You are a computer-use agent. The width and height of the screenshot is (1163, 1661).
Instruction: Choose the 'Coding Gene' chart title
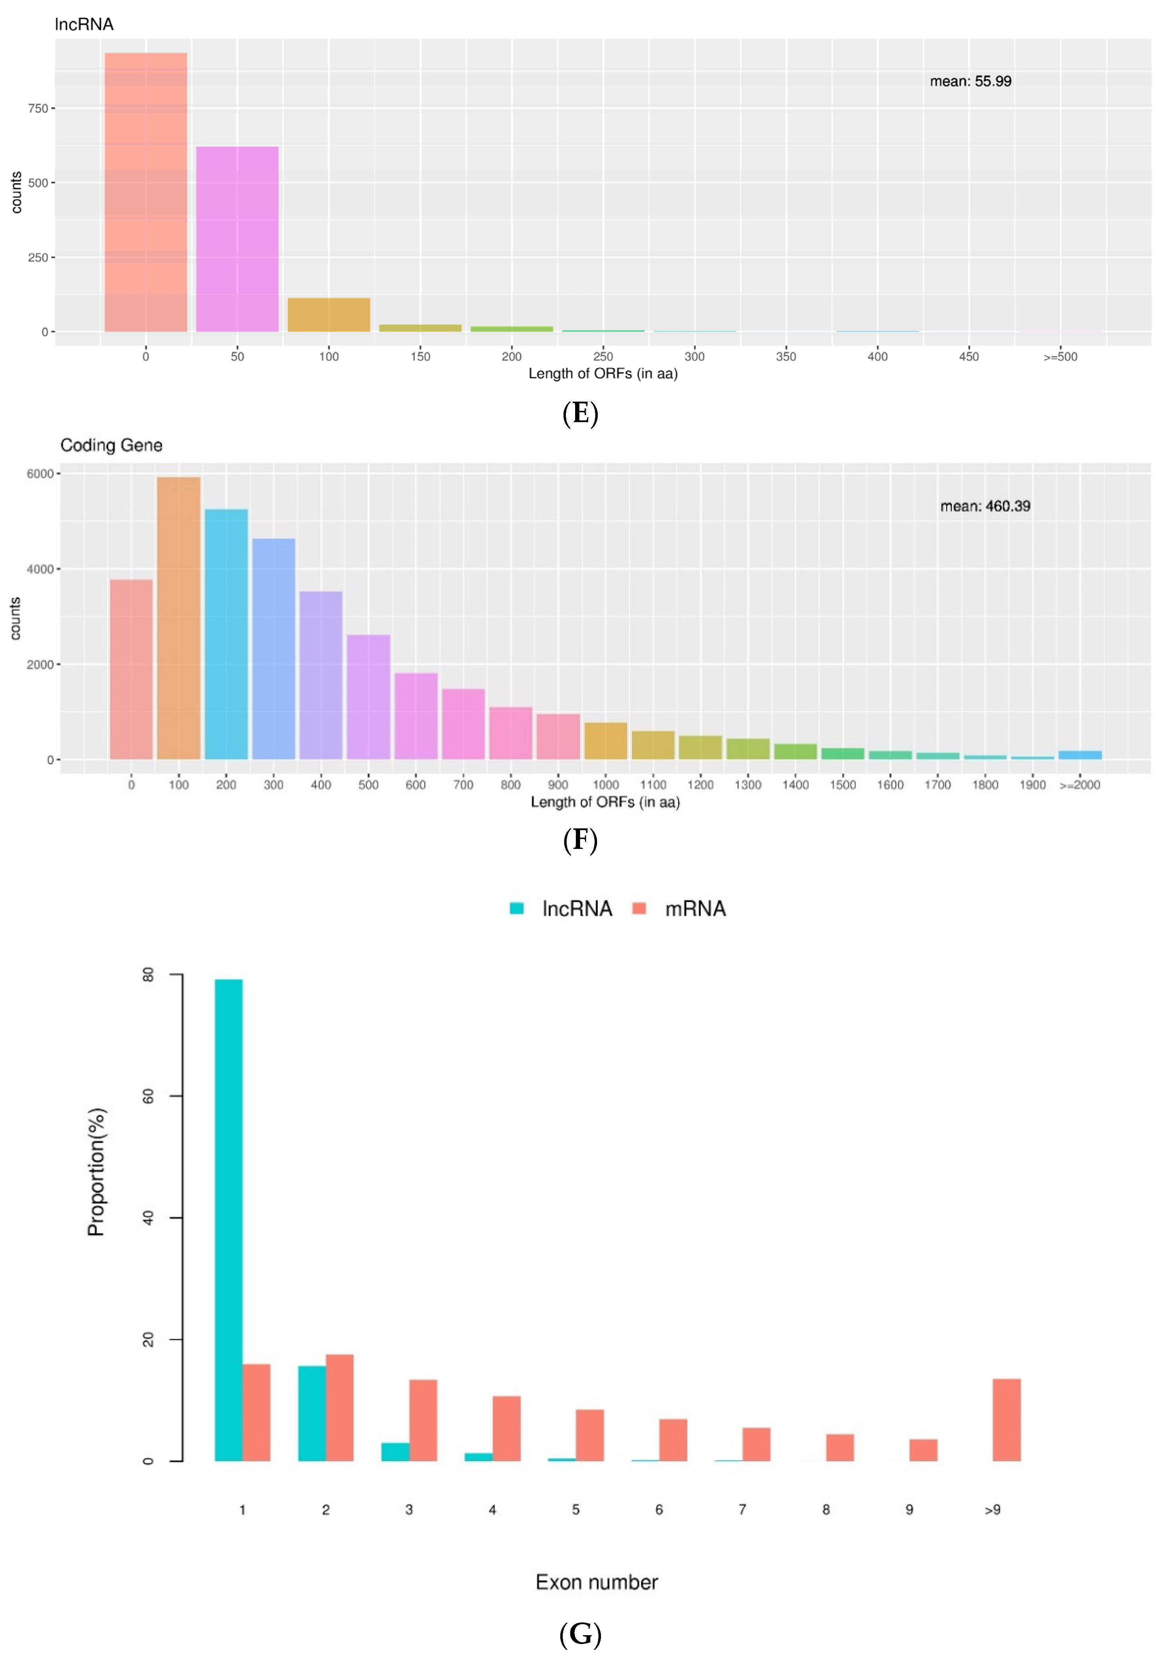(x=111, y=445)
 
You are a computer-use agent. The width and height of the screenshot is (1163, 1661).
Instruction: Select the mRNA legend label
(x=695, y=909)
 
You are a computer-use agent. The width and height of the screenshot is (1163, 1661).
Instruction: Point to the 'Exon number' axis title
(x=597, y=1582)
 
